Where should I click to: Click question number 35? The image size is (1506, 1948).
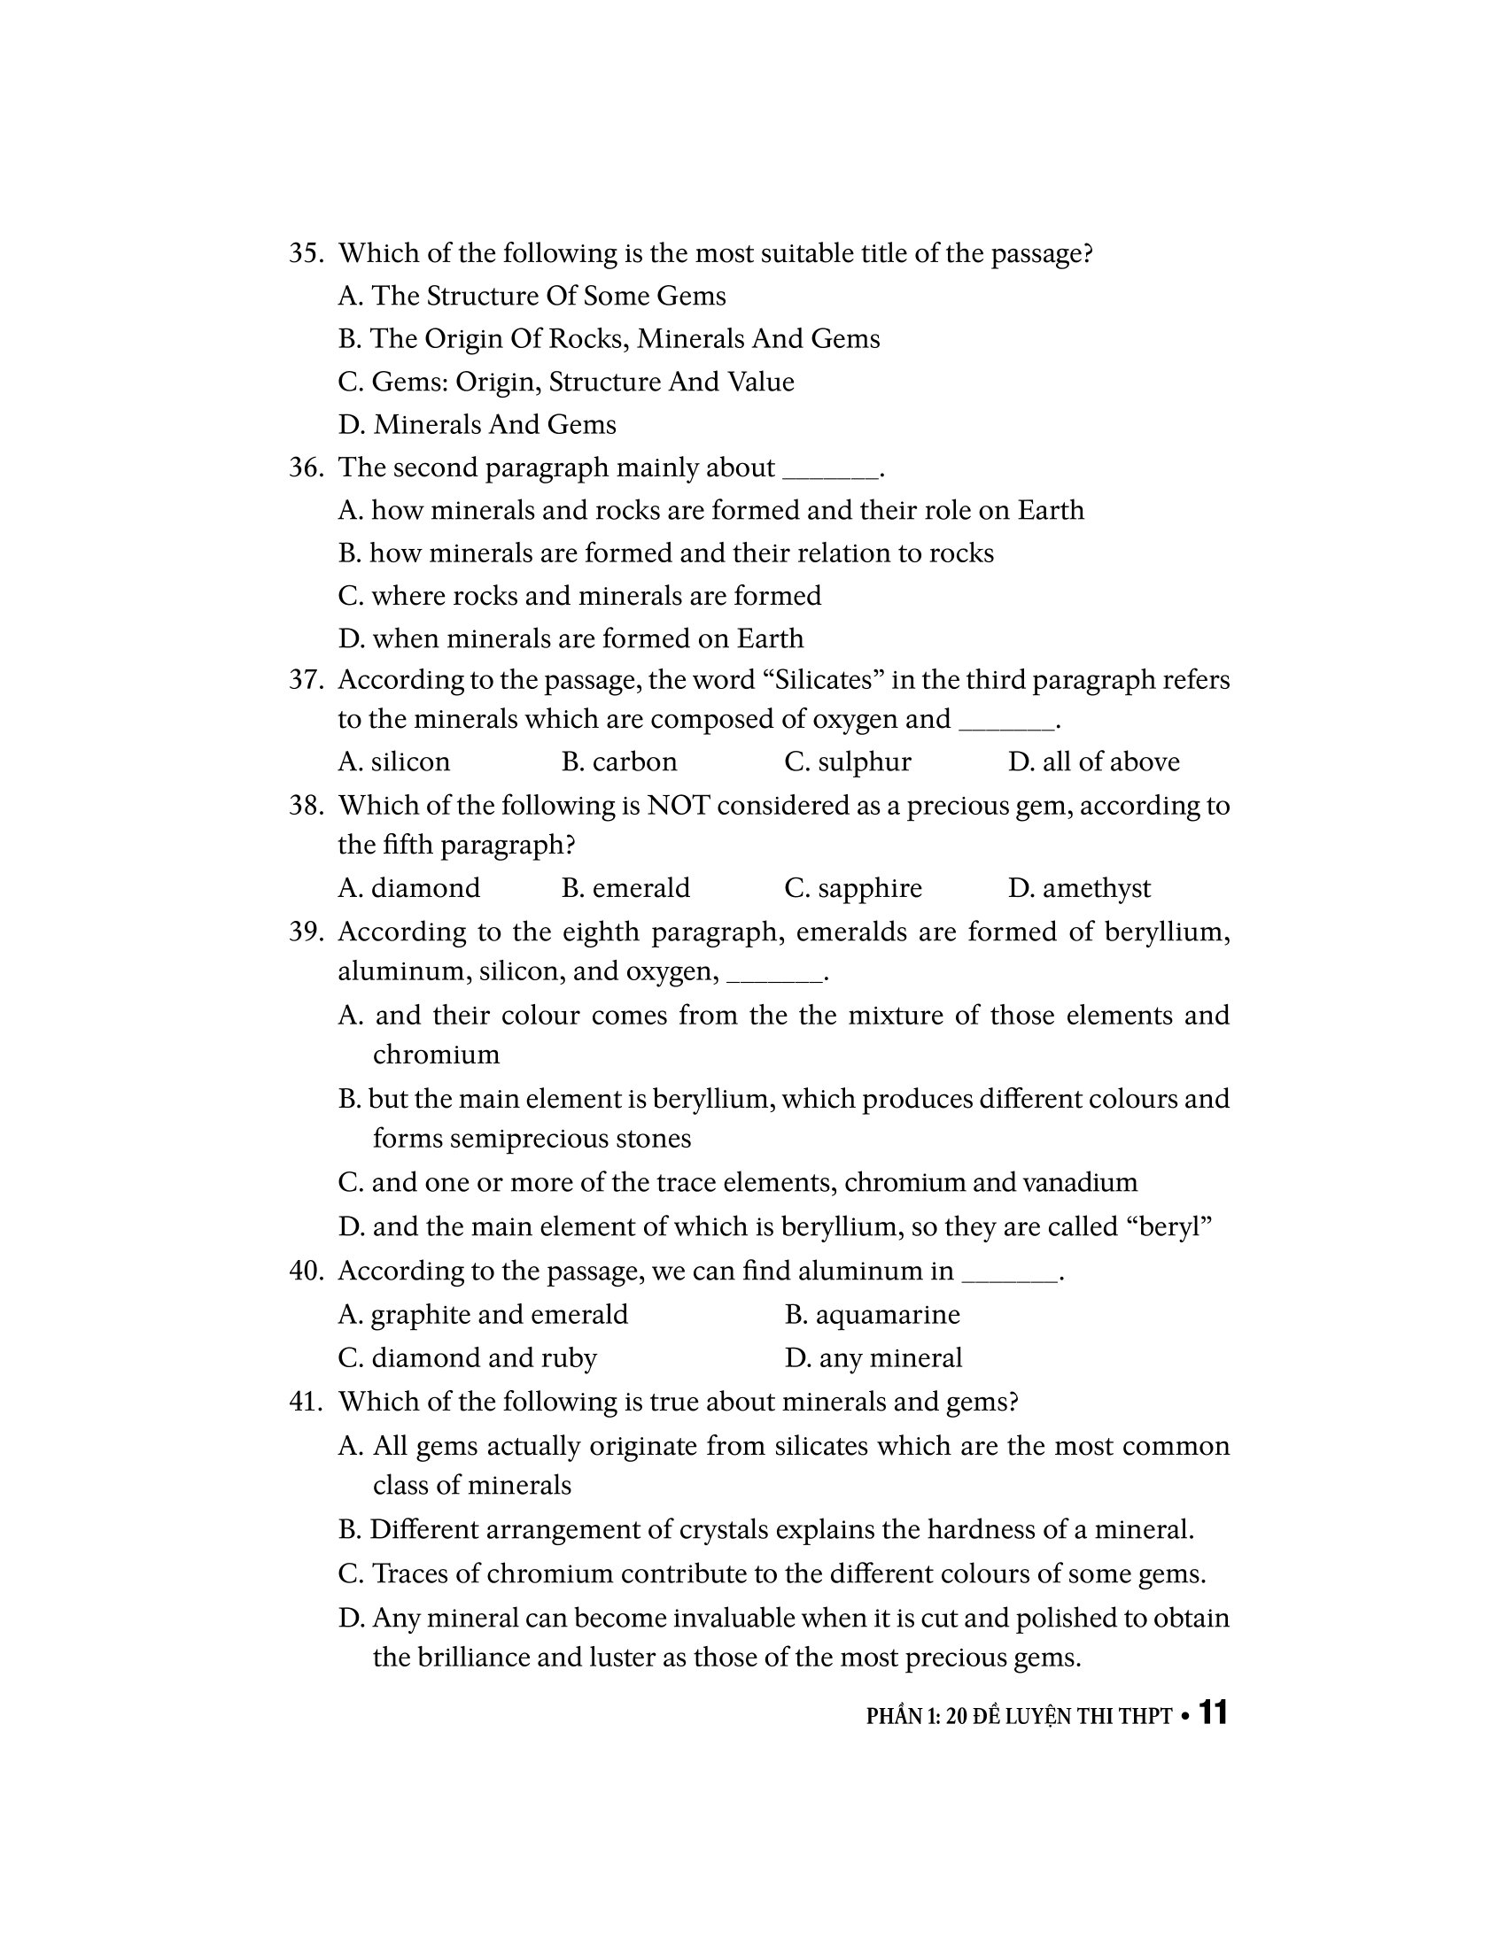coord(305,254)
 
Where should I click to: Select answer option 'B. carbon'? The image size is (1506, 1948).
coord(619,762)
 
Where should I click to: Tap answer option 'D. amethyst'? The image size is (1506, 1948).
coord(1079,888)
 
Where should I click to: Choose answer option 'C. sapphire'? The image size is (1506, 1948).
coord(853,888)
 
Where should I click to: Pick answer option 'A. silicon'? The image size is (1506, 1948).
coord(394,762)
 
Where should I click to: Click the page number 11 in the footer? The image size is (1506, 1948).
coord(1213,1713)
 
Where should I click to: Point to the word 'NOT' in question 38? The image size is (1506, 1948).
coord(678,807)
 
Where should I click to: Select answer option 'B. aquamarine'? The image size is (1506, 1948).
coord(873,1315)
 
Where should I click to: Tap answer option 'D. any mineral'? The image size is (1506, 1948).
coord(873,1358)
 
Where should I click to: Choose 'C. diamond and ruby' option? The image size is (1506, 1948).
coord(468,1358)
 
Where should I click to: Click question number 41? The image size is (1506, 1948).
coord(305,1403)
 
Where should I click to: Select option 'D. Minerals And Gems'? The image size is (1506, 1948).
coord(477,425)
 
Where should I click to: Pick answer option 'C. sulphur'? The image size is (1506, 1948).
coord(848,762)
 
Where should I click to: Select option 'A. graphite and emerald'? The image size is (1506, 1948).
coord(483,1315)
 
